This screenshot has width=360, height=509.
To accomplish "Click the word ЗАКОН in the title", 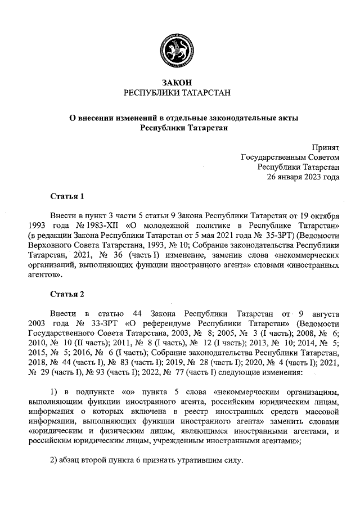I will [x=177, y=83].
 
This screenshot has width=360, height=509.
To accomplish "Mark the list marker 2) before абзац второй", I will [x=54, y=461].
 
